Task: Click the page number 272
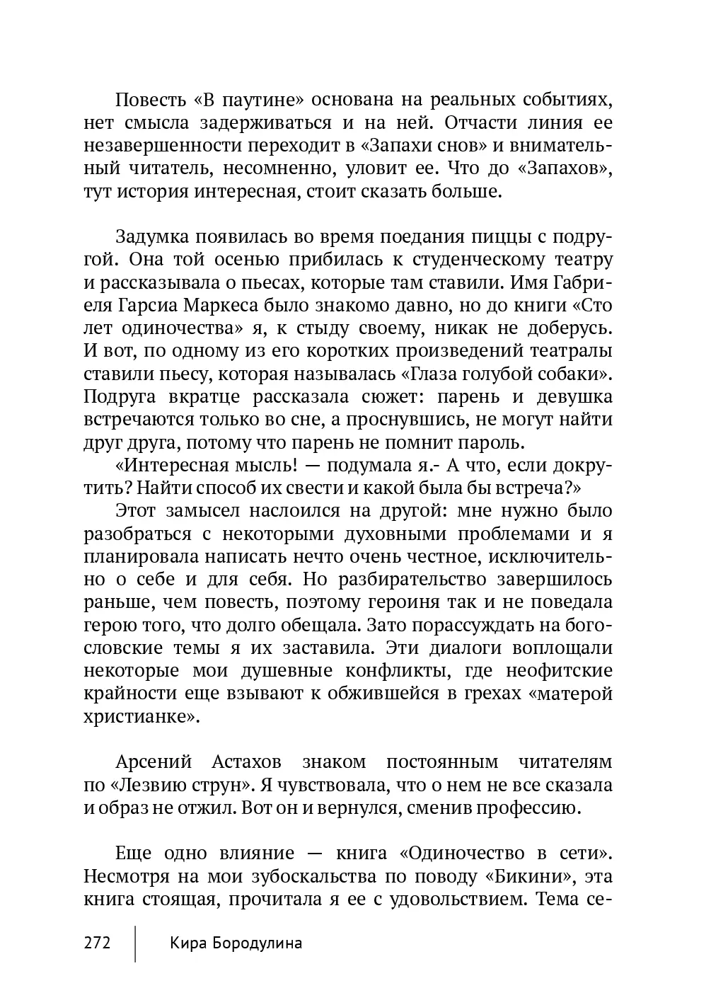click(x=98, y=943)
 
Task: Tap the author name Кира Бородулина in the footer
click(x=236, y=943)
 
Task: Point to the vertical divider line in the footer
click(x=135, y=942)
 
